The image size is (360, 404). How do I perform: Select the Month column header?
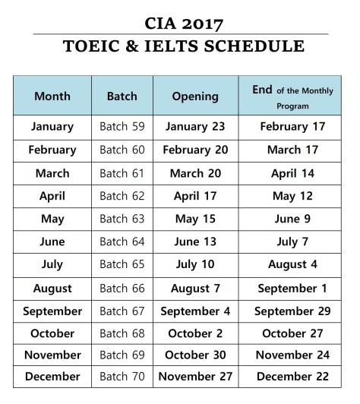[x=52, y=96]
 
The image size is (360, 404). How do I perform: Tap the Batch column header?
[x=122, y=96]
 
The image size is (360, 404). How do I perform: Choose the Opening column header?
[x=195, y=96]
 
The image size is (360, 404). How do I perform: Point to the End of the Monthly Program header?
[x=293, y=96]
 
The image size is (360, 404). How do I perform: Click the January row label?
[x=52, y=127]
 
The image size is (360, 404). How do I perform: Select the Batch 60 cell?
[x=122, y=150]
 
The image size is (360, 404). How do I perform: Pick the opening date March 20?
[x=195, y=173]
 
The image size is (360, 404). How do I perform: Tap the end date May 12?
[x=293, y=196]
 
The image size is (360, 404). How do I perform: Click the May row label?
[x=52, y=219]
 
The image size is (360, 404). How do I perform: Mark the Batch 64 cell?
[x=122, y=241]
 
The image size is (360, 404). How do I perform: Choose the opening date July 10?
[x=195, y=264]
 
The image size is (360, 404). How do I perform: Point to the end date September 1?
[x=293, y=288]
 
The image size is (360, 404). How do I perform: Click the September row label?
[x=52, y=311]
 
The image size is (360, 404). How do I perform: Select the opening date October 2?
[x=195, y=333]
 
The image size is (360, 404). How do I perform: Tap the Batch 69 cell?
[x=122, y=355]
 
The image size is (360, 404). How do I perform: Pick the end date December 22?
[x=293, y=377]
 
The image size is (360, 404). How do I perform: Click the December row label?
[x=52, y=377]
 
